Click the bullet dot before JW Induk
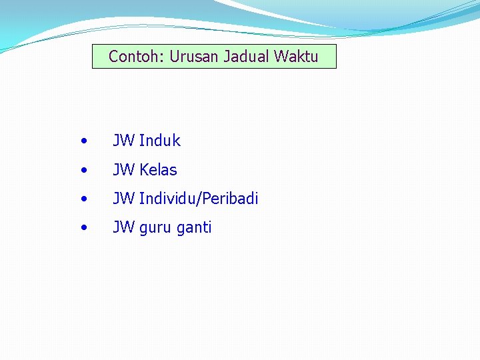(83, 141)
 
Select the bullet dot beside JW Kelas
(83, 171)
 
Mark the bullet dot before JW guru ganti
(83, 228)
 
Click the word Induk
(160, 141)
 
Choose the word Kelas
(159, 170)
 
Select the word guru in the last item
(155, 228)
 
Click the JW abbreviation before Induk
(124, 141)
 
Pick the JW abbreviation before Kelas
(124, 170)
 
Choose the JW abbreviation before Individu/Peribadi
(124, 199)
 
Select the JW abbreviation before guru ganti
(124, 227)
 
